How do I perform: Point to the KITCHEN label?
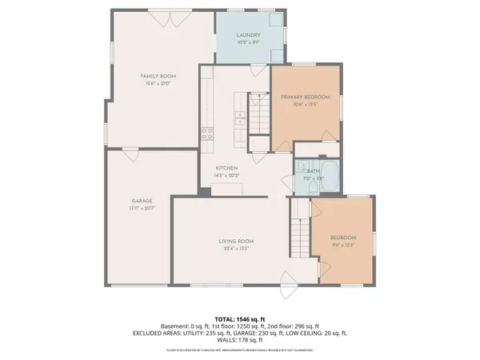pyautogui.click(x=226, y=168)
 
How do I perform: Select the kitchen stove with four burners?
pyautogui.click(x=206, y=133)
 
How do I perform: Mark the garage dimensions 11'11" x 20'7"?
pyautogui.click(x=142, y=208)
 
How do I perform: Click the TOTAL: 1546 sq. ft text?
pyautogui.click(x=240, y=318)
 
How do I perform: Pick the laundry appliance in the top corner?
pyautogui.click(x=276, y=22)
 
